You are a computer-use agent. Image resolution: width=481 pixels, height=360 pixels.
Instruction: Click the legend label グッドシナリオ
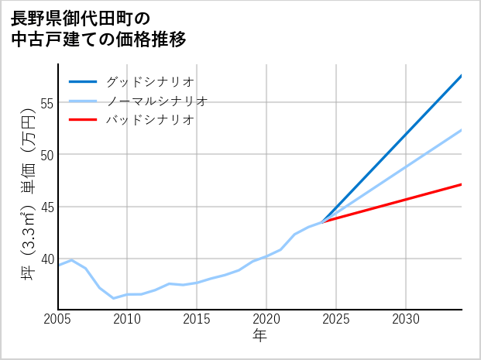click(149, 81)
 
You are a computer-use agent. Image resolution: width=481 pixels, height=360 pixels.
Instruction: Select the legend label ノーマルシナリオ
click(156, 101)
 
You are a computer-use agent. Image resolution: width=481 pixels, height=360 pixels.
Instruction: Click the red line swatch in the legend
click(83, 120)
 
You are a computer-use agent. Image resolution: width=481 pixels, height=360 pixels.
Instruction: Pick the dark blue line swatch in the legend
click(83, 81)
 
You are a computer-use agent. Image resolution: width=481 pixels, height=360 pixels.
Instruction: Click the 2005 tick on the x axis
click(58, 319)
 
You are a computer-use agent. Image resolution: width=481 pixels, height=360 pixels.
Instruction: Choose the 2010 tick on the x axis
click(127, 319)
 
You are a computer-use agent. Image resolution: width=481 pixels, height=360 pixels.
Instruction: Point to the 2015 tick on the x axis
click(197, 319)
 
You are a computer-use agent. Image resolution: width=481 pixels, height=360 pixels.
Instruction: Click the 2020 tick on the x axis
click(266, 319)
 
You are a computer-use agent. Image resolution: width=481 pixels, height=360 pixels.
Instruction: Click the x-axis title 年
click(259, 336)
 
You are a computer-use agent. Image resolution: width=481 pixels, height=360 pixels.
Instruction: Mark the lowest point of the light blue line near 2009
click(114, 298)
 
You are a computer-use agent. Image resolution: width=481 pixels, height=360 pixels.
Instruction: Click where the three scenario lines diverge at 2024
click(322, 222)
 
